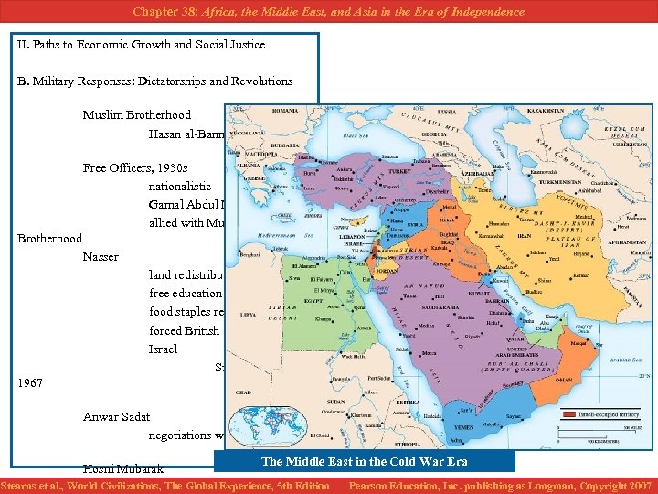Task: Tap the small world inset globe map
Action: click(x=268, y=426)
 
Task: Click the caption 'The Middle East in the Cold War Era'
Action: click(x=364, y=461)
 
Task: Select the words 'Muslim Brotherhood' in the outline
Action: click(x=136, y=115)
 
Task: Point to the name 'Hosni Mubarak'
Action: click(x=122, y=468)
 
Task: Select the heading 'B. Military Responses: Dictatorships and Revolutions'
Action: click(x=154, y=81)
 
